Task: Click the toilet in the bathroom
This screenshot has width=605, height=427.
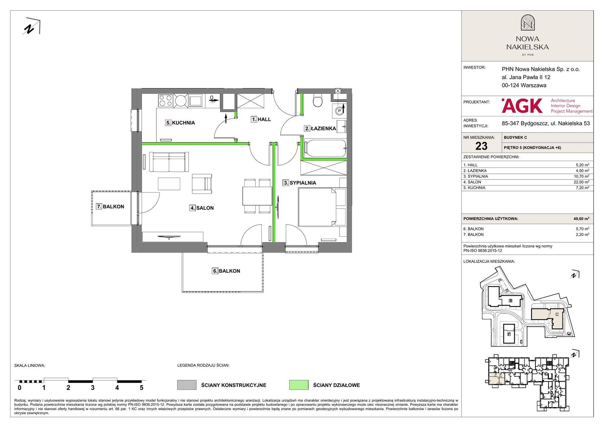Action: [x=317, y=100]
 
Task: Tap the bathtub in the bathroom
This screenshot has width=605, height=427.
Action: [x=325, y=148]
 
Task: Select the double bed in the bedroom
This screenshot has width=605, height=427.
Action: [x=322, y=207]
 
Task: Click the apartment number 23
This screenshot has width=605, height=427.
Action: [x=481, y=146]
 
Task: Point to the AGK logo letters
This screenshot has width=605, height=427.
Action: [x=522, y=106]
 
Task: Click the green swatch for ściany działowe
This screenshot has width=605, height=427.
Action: [x=298, y=385]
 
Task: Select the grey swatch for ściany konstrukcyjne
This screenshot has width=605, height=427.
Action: [x=187, y=385]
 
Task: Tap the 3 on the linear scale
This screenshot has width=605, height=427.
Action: [x=93, y=388]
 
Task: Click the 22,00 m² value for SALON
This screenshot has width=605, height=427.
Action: [x=582, y=182]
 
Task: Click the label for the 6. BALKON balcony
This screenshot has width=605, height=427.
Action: [x=226, y=271]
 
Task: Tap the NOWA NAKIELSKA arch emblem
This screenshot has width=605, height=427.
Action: [x=527, y=23]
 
